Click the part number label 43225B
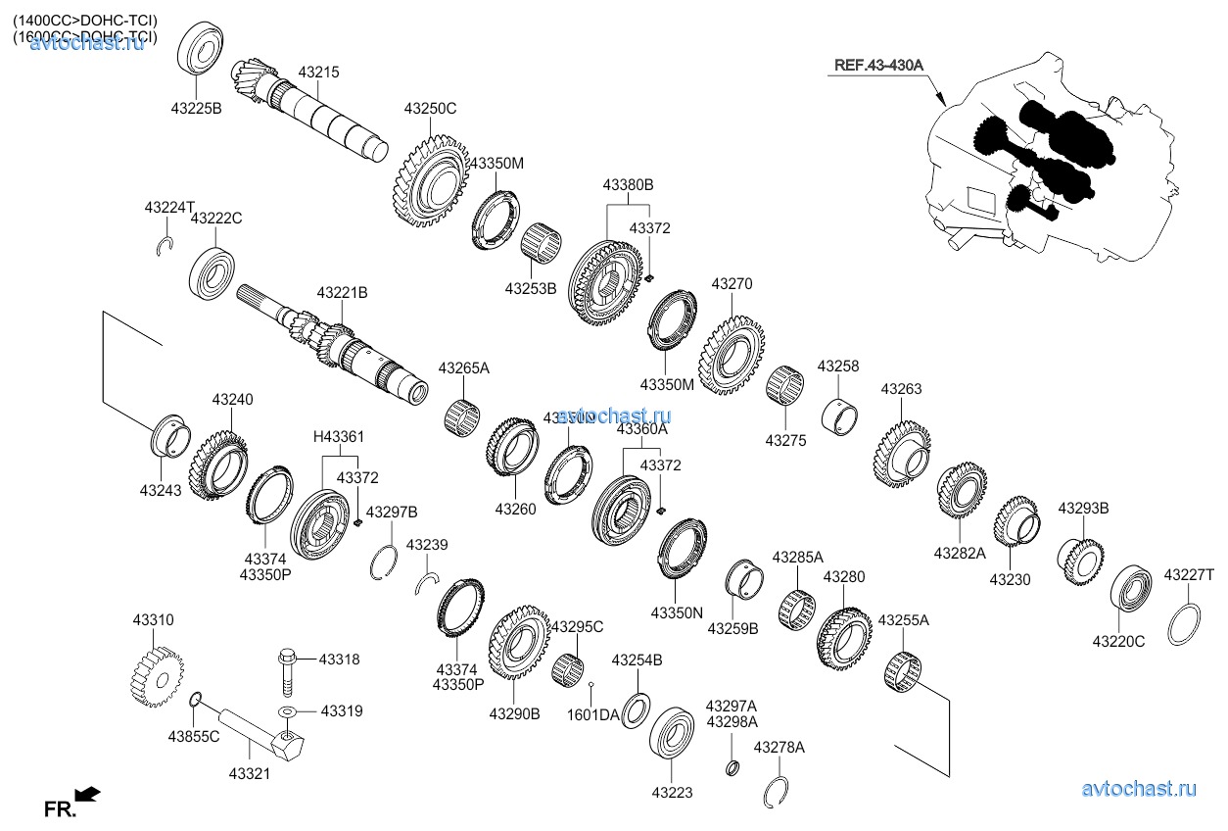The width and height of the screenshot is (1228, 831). [197, 108]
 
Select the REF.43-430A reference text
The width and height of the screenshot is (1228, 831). [878, 66]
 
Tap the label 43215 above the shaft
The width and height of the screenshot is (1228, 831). [318, 73]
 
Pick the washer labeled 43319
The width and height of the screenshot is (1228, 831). [288, 711]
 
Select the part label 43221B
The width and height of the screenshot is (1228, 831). [342, 292]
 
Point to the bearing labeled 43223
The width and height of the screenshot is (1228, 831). [672, 729]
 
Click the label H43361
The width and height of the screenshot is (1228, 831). [338, 437]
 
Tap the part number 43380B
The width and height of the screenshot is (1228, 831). [628, 184]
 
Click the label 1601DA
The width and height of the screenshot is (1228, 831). [592, 715]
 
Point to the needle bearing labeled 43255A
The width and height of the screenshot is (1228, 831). [902, 671]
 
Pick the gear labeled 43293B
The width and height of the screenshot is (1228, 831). [1081, 560]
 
